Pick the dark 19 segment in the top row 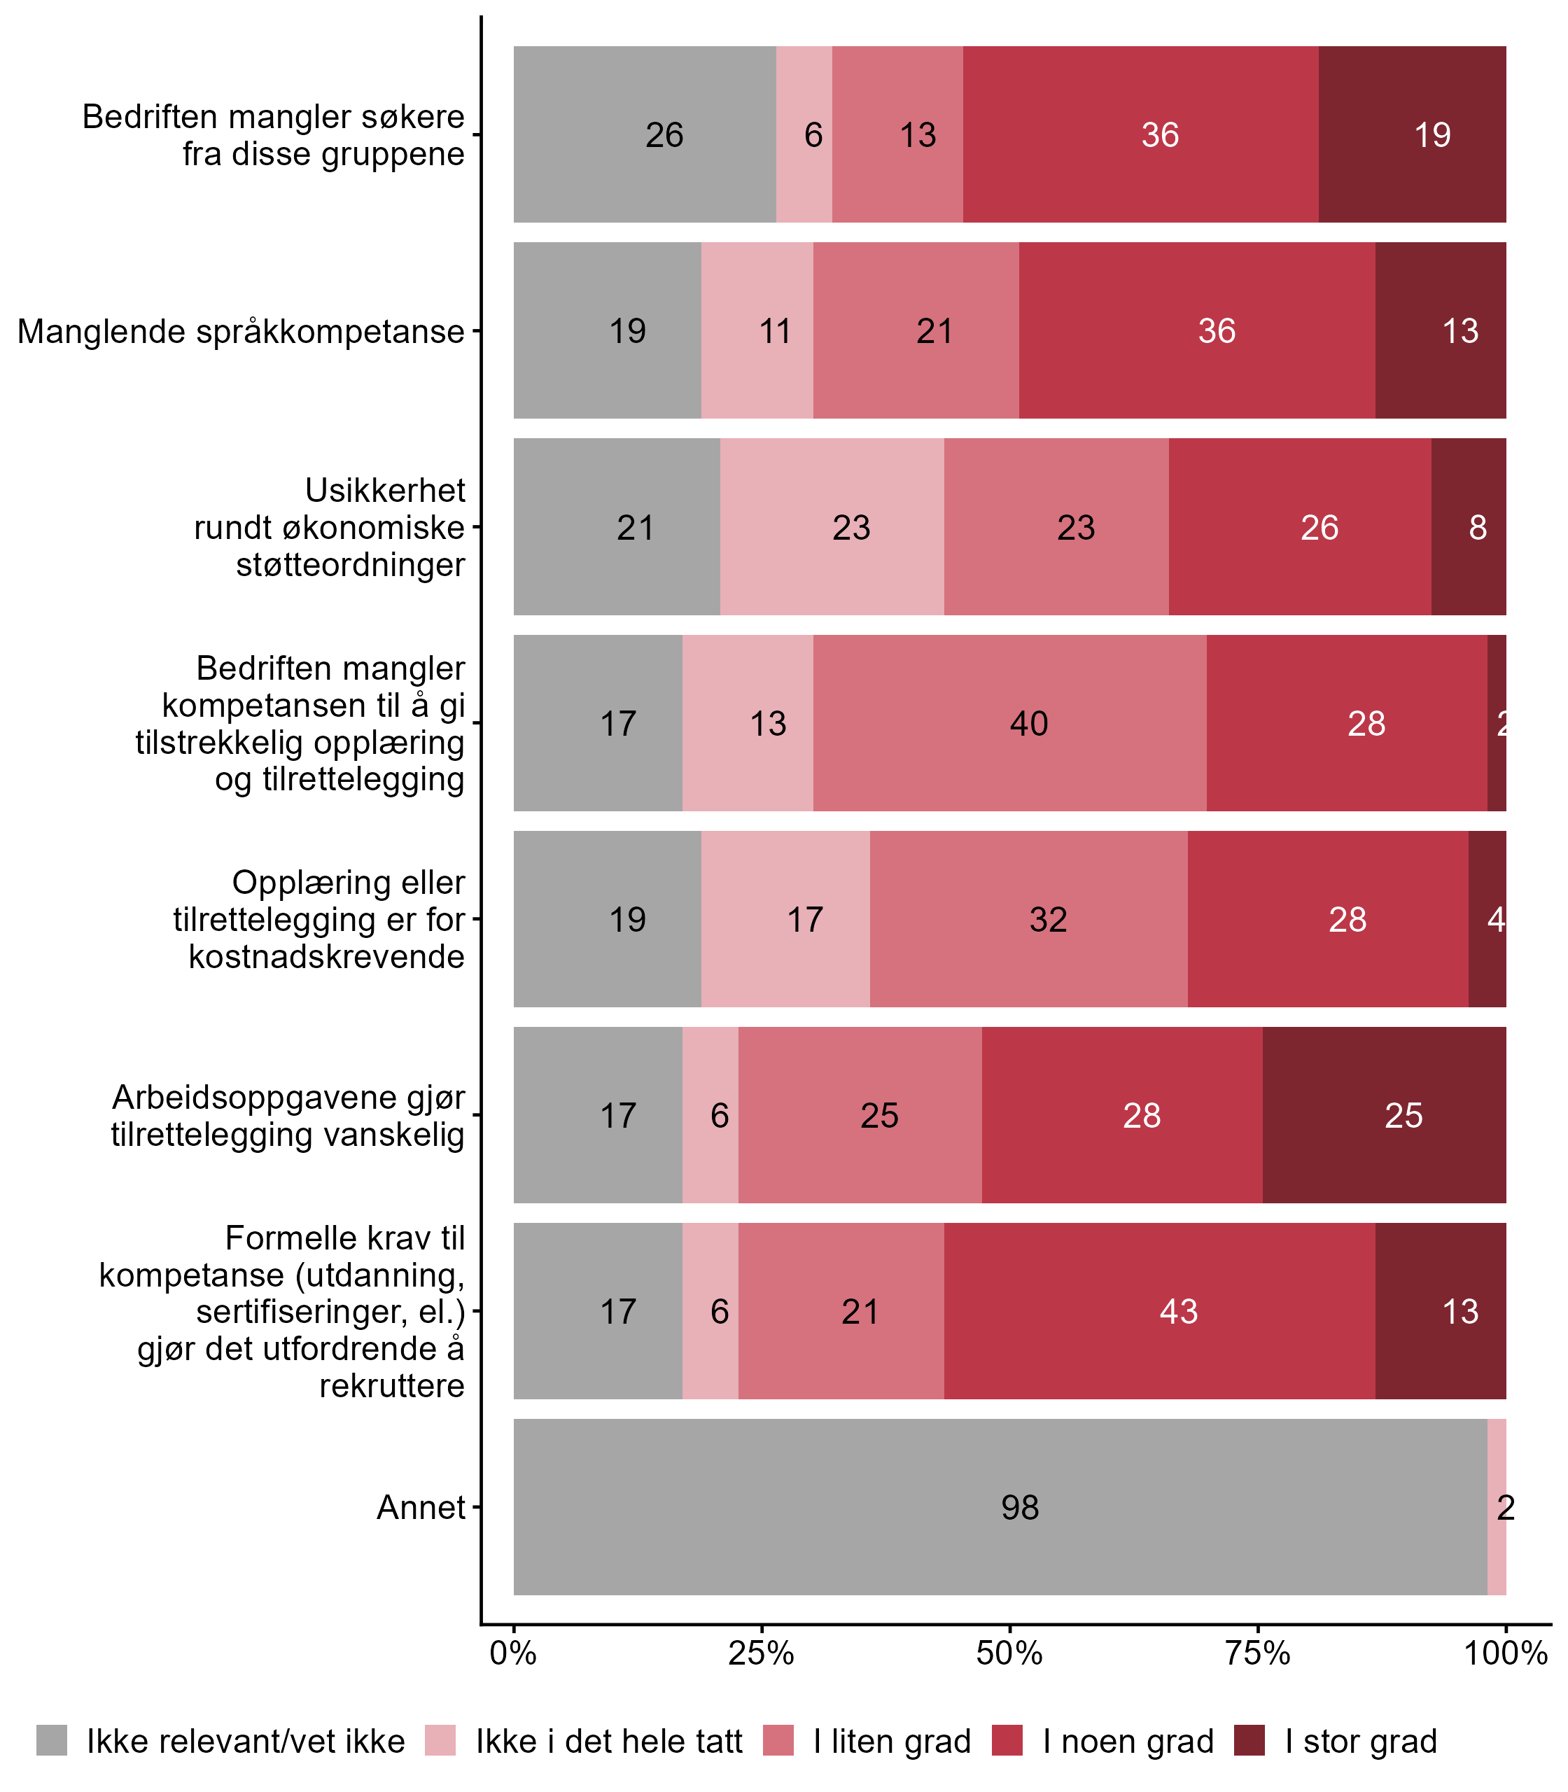coord(1413,134)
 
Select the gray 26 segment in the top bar coord(644,134)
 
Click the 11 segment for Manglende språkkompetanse coord(757,330)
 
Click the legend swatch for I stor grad coord(1249,1742)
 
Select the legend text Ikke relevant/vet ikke coord(245,1742)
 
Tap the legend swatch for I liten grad coord(778,1742)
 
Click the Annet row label coord(421,1508)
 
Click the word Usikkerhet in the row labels coord(385,491)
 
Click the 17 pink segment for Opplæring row coord(785,920)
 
